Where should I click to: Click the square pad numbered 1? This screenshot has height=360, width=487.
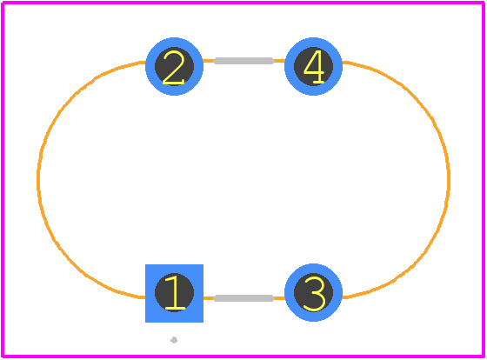coord(174,293)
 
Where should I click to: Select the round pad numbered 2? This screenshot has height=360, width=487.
coord(174,66)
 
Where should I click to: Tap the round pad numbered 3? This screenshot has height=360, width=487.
coord(313,292)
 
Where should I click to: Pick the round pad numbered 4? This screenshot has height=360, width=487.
coord(313,66)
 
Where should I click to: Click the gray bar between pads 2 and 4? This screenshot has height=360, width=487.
coord(244,61)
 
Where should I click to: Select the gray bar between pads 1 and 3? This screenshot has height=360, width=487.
coord(244,298)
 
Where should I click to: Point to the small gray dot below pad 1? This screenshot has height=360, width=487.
coord(174,340)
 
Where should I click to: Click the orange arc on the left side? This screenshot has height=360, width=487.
coord(38,178)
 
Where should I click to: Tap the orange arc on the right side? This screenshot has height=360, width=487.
coord(449,178)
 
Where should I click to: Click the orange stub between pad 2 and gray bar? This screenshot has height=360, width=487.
coord(209,61)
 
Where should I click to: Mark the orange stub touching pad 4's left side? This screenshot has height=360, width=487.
coord(279,61)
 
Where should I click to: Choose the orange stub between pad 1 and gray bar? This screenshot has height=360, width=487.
coord(209,298)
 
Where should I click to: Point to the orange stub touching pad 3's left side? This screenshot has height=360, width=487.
coord(279,298)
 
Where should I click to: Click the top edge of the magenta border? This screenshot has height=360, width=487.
coord(243,3)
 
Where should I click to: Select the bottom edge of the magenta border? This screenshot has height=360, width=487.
coord(243,356)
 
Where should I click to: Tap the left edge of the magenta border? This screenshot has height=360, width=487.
coord(3,179)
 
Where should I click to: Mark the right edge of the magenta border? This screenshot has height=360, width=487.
coord(484,179)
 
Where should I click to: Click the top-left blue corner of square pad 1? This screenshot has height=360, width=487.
coord(146,264)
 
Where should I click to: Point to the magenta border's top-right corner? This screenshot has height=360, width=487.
coord(484,3)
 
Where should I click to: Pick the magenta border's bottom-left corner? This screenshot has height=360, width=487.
coord(3,356)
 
